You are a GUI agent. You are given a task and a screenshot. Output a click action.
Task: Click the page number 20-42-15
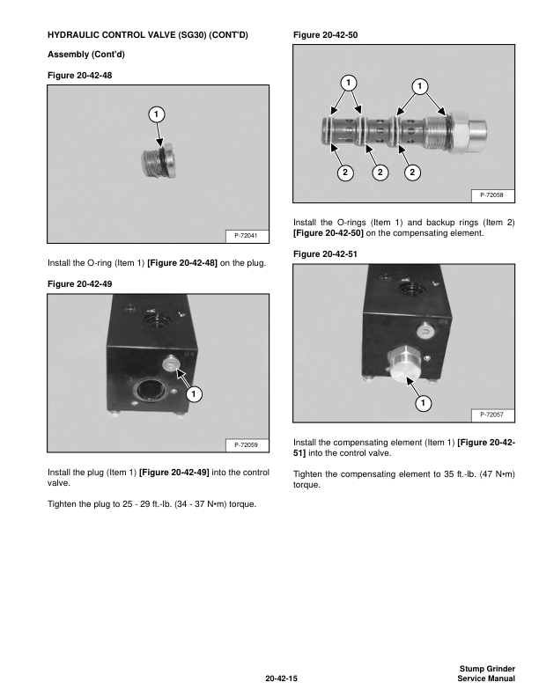pyautogui.click(x=282, y=679)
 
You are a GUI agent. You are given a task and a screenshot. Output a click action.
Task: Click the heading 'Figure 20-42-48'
pyautogui.click(x=80, y=76)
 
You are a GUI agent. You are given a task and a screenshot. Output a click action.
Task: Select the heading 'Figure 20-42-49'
pyautogui.click(x=80, y=282)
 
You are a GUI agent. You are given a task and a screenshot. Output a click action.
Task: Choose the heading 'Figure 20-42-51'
pyautogui.click(x=325, y=254)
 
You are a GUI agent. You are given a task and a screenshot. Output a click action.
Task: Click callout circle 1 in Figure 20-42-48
pyautogui.click(x=155, y=114)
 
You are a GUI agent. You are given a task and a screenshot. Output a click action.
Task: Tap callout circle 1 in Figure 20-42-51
pyautogui.click(x=423, y=404)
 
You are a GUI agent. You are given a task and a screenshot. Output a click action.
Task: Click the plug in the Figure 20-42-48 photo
pyautogui.click(x=159, y=162)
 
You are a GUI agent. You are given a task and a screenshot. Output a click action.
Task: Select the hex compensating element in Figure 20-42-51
pyautogui.click(x=402, y=363)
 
